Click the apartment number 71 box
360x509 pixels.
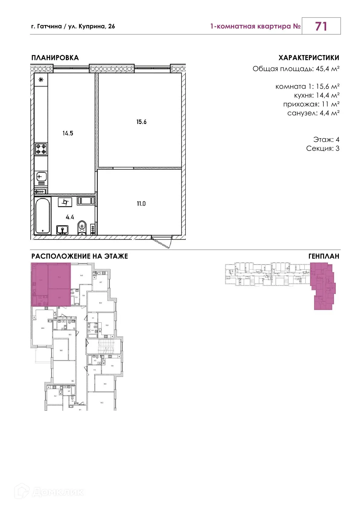click(x=321, y=26)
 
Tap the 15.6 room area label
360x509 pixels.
click(x=141, y=122)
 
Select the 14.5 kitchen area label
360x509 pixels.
click(x=68, y=133)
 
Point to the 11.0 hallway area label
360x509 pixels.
click(x=141, y=204)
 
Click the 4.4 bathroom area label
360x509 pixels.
click(x=70, y=217)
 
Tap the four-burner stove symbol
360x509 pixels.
click(x=41, y=149)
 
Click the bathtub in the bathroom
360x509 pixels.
click(x=42, y=216)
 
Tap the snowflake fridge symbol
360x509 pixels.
click(x=41, y=80)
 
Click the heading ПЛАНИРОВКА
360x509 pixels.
click(x=55, y=58)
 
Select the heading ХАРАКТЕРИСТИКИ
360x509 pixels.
click(x=309, y=58)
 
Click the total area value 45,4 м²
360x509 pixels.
click(x=327, y=69)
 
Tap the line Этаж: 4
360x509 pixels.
click(x=326, y=139)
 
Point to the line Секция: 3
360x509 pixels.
click(x=322, y=148)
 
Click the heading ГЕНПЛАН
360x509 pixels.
click(x=323, y=256)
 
